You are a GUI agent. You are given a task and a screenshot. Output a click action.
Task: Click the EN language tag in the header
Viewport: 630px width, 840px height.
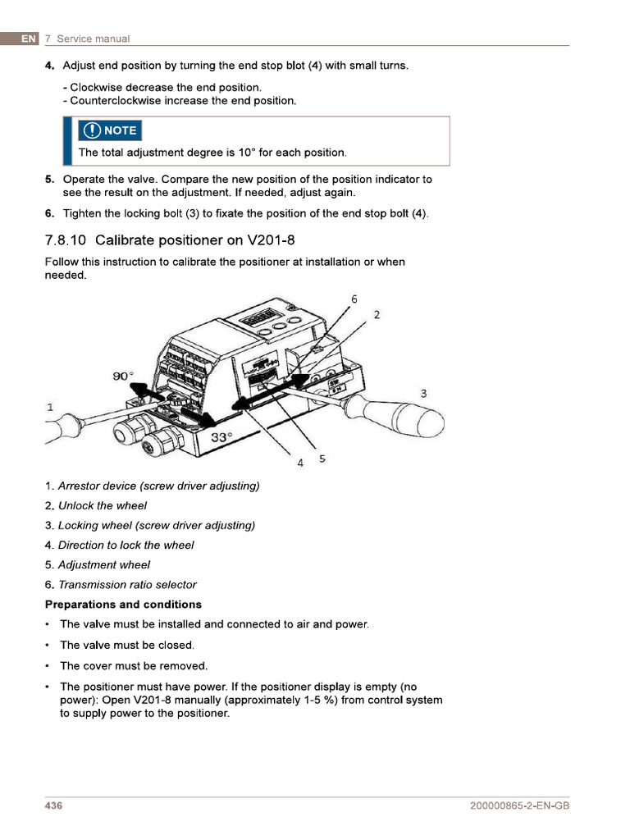(x=29, y=39)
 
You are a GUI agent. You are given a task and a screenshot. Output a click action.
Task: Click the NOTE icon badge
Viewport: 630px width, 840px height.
(x=111, y=130)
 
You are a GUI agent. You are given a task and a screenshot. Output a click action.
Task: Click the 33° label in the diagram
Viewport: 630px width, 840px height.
(x=221, y=437)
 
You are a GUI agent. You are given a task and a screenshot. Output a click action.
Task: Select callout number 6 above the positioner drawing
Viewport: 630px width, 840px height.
(x=354, y=299)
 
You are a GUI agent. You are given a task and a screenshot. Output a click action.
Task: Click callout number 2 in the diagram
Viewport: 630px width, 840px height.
(x=377, y=314)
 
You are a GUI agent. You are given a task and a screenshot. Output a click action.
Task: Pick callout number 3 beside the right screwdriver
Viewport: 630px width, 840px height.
(x=423, y=394)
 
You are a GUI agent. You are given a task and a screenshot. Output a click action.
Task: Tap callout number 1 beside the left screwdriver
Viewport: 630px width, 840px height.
(x=50, y=407)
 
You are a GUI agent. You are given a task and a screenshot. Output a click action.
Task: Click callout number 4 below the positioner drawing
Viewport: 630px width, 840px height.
(x=300, y=463)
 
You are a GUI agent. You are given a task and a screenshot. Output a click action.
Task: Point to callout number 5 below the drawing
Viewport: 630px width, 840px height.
(x=322, y=459)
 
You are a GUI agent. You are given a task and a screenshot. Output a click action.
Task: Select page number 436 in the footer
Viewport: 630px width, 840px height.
(x=53, y=806)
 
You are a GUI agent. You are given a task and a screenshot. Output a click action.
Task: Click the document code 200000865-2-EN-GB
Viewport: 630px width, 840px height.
(x=518, y=806)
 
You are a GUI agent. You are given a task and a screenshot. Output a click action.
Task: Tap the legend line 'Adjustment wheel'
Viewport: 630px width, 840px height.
(x=104, y=565)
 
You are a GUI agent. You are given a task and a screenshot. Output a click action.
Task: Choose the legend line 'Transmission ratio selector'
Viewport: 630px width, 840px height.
(x=127, y=585)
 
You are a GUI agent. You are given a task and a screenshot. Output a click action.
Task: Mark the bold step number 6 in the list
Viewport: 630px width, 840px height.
(x=49, y=214)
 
